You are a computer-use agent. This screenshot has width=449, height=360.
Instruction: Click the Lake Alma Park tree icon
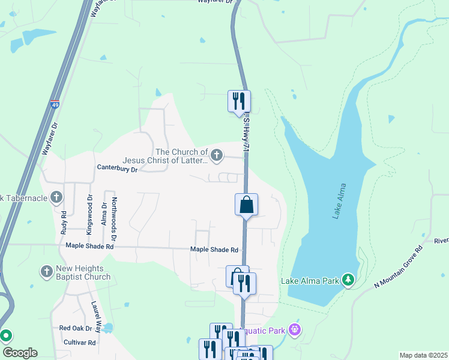pyautogui.click(x=348, y=280)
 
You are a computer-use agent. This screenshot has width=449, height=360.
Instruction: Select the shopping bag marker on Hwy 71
pyautogui.click(x=246, y=205)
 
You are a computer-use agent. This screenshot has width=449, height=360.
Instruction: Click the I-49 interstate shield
pyautogui.click(x=55, y=104)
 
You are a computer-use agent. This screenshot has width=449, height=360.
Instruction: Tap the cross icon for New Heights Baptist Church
pyautogui.click(x=47, y=272)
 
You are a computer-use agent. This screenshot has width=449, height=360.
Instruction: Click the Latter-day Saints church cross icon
pyautogui.click(x=216, y=156)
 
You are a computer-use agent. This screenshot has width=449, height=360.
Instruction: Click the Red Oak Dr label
pyautogui.click(x=76, y=328)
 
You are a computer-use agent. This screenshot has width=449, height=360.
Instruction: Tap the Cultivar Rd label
pyautogui.click(x=79, y=343)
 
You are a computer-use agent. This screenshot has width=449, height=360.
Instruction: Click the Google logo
pyautogui.click(x=19, y=353)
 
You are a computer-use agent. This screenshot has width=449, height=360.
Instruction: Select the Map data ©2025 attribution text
pyautogui.click(x=423, y=355)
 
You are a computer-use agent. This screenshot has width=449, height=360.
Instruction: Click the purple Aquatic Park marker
pyautogui.click(x=294, y=329)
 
